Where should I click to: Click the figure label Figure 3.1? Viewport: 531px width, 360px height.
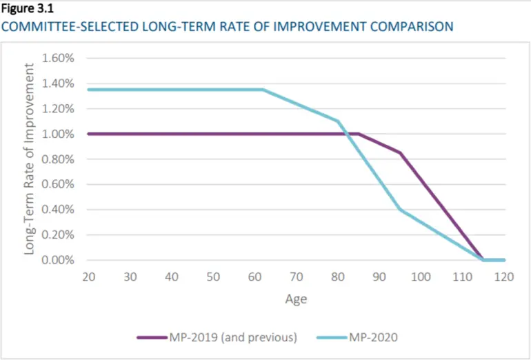tap(28, 9)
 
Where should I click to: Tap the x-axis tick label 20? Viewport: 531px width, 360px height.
tap(88, 277)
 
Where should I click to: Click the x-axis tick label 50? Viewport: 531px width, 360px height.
tap(213, 277)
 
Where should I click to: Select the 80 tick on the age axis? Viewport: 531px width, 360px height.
tap(338, 277)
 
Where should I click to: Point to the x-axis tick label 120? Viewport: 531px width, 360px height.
tap(504, 277)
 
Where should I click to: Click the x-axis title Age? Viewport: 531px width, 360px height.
tap(296, 299)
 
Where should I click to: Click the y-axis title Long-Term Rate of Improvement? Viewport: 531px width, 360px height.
tap(30, 159)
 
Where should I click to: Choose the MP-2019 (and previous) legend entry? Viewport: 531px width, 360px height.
tap(217, 338)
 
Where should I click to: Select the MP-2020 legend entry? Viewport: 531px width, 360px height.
tap(357, 338)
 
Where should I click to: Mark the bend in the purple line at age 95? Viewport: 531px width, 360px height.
tap(400, 152)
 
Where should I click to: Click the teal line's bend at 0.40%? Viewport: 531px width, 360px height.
tap(400, 210)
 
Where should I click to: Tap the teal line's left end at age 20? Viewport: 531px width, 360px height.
tap(88, 90)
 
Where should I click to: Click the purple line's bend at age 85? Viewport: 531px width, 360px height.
tap(359, 134)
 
